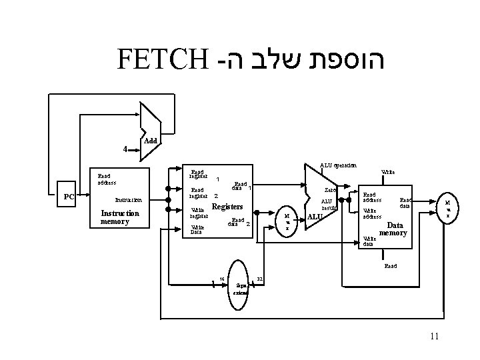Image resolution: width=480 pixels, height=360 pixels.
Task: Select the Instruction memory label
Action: pyautogui.click(x=120, y=217)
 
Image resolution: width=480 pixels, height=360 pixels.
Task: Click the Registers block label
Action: pyautogui.click(x=226, y=207)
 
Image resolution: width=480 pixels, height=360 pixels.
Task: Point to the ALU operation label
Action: pyautogui.click(x=338, y=165)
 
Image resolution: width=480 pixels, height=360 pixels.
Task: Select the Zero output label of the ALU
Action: pyautogui.click(x=330, y=191)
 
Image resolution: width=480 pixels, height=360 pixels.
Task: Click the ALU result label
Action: pyautogui.click(x=329, y=204)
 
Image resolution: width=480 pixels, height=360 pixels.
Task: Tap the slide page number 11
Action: pyautogui.click(x=434, y=337)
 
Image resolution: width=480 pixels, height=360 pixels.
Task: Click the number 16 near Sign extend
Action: pyautogui.click(x=221, y=279)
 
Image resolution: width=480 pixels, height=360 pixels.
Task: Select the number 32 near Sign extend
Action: pyautogui.click(x=261, y=279)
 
